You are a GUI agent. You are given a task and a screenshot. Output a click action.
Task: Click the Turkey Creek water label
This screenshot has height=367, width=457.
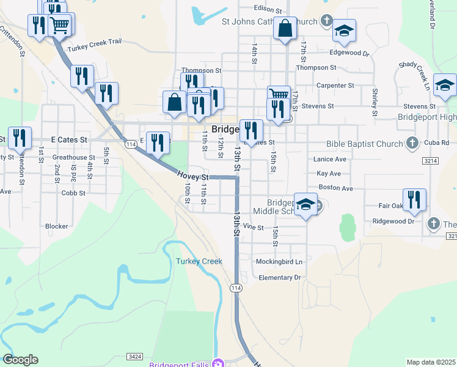click(x=199, y=261)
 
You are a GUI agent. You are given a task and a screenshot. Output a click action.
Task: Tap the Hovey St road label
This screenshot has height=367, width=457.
click(x=189, y=176)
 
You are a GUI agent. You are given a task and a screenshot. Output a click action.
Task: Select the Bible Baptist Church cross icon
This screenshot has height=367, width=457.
click(x=412, y=143)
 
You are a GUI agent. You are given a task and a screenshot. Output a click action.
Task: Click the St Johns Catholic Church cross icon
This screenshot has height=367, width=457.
click(x=326, y=22)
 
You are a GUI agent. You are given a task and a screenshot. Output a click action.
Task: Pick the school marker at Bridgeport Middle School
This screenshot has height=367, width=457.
click(x=305, y=205)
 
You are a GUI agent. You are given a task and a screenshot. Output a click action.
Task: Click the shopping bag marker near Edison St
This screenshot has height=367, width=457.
click(x=285, y=28)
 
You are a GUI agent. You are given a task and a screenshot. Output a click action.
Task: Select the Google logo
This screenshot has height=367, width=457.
click(x=20, y=360)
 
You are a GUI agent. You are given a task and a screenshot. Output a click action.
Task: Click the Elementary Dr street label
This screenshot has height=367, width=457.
click(x=280, y=278)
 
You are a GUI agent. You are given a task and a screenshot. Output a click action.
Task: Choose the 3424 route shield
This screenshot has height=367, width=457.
click(x=136, y=356)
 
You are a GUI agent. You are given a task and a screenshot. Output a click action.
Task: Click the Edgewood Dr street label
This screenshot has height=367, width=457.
click(x=349, y=53)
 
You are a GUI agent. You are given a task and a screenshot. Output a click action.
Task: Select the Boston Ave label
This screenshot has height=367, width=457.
click(x=336, y=188)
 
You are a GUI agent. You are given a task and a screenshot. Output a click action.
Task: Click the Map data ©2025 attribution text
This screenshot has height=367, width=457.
click(x=431, y=362)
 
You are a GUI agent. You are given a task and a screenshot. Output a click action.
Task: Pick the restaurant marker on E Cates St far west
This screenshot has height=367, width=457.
click(x=20, y=138)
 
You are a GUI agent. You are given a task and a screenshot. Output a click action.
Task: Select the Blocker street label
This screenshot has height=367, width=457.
click(x=57, y=226)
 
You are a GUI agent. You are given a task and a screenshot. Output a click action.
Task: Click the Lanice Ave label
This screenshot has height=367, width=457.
click(x=329, y=159)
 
